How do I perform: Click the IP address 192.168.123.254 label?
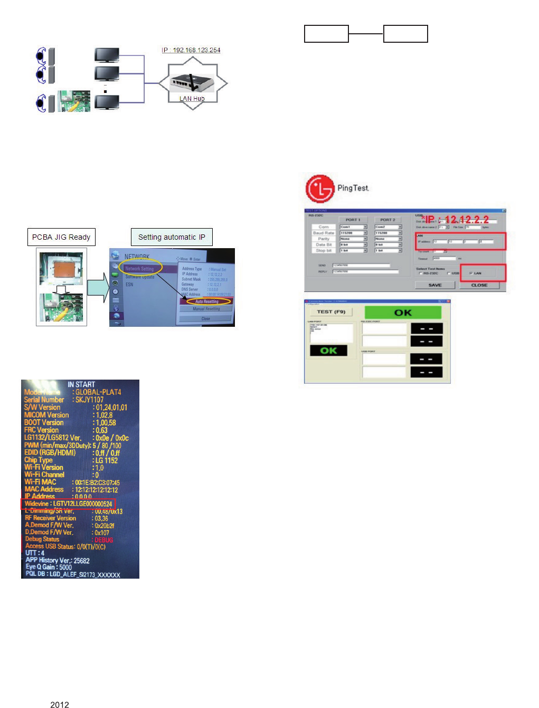[191, 50]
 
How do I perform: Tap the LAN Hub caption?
[192, 99]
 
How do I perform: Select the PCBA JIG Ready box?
[61, 237]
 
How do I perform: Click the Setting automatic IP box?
[172, 237]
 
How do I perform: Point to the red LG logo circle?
[320, 188]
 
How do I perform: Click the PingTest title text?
[353, 188]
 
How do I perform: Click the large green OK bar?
[403, 313]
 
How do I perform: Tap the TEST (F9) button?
[331, 312]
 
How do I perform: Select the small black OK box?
[328, 351]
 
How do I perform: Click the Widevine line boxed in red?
[68, 504]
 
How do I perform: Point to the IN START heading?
[81, 384]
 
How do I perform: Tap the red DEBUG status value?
[103, 540]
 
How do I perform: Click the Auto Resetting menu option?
[207, 301]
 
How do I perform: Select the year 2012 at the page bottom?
[60, 704]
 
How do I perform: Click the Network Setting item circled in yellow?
[140, 268]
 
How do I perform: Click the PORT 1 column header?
[353, 220]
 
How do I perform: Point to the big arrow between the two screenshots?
[98, 288]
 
